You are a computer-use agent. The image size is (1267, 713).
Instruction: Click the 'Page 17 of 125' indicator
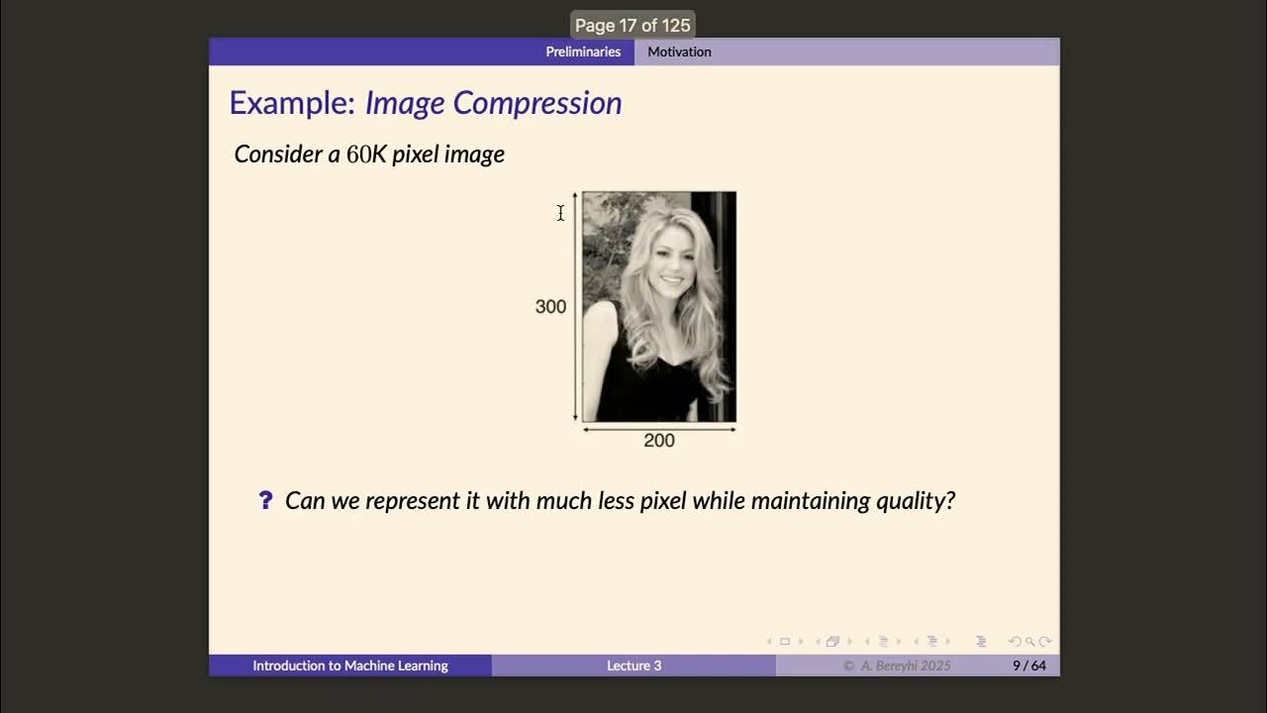(633, 26)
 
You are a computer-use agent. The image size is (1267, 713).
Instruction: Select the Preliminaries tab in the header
(583, 51)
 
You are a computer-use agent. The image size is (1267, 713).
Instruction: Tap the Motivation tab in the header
(679, 51)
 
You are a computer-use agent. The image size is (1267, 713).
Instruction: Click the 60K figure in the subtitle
(366, 154)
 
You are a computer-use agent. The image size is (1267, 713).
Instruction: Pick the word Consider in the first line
(279, 154)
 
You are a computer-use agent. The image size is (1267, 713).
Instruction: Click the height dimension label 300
(550, 307)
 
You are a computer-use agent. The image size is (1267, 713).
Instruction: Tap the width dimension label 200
(659, 441)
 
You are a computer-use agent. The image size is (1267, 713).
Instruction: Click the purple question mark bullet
(265, 500)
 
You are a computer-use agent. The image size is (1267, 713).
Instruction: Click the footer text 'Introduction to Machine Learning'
(350, 665)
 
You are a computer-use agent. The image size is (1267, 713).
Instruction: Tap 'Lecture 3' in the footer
(633, 665)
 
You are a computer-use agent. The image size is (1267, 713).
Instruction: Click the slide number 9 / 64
(1028, 665)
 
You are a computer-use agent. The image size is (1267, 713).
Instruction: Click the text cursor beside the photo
(560, 213)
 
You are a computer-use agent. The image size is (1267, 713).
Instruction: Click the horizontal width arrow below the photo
(659, 429)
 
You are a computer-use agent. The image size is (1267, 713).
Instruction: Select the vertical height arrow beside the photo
(574, 307)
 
